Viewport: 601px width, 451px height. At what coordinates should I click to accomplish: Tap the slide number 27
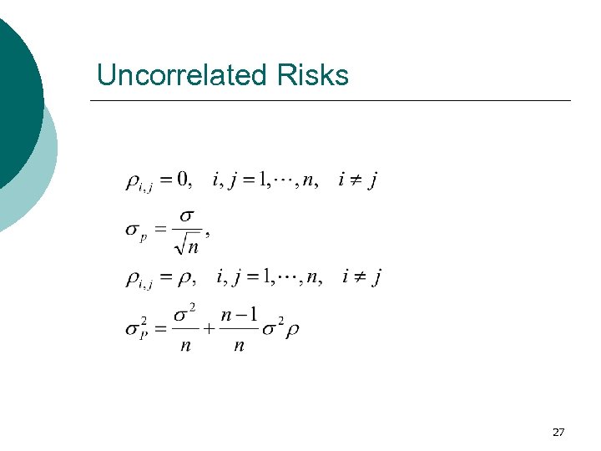(558, 432)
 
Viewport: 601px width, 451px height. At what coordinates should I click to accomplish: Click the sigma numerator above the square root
(188, 215)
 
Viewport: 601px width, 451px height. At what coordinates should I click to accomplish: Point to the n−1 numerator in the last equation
(238, 315)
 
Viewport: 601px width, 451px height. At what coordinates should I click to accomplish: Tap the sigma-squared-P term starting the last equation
(137, 328)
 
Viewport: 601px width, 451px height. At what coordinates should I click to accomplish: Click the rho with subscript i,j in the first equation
(137, 182)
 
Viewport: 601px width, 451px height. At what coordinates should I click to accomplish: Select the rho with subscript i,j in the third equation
(137, 279)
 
